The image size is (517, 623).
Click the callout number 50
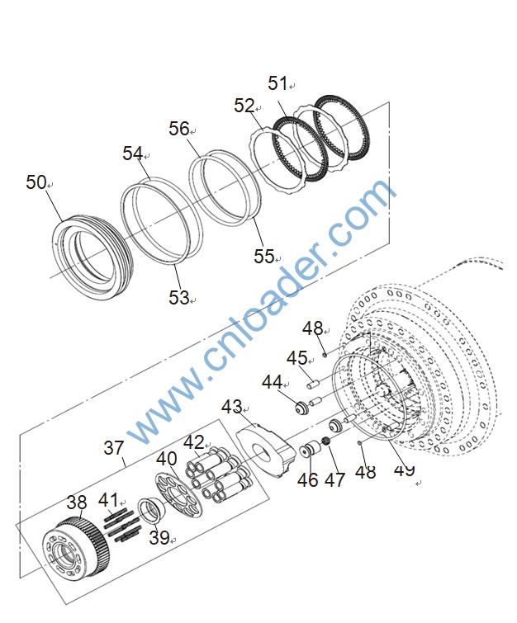point(36,182)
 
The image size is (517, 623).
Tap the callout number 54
point(133,153)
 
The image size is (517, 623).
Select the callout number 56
point(179,129)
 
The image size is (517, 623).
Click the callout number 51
point(277,83)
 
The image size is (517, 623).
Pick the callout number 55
point(263,257)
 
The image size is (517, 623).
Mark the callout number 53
point(178,298)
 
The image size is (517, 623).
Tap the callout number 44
point(272,382)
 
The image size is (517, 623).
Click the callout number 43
point(231,407)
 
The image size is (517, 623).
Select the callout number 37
point(113,448)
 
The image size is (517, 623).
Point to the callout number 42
point(193,442)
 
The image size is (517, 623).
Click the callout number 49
point(404,470)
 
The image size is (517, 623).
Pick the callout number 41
point(108,499)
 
